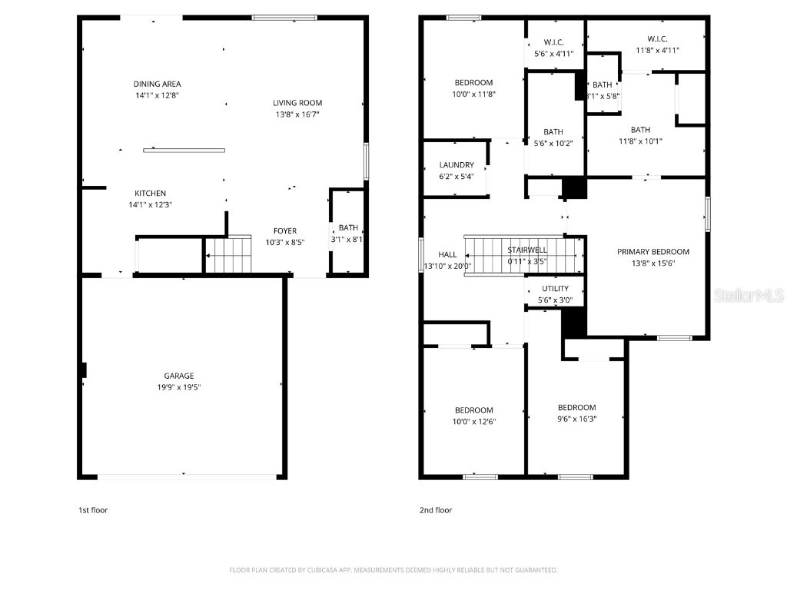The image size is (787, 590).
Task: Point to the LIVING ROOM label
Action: pyautogui.click(x=297, y=103)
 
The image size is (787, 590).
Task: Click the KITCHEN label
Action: pyautogui.click(x=150, y=194)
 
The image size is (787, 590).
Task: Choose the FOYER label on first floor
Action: pyautogui.click(x=285, y=231)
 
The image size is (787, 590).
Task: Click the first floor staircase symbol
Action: pyautogui.click(x=228, y=254)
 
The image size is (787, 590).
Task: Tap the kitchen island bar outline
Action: pyautogui.click(x=184, y=150)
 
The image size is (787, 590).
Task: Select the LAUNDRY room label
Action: pyautogui.click(x=457, y=165)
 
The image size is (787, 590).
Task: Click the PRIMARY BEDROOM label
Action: pyautogui.click(x=653, y=252)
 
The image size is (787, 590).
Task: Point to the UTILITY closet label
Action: pyautogui.click(x=555, y=289)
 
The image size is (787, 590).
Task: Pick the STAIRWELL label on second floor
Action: pyautogui.click(x=526, y=250)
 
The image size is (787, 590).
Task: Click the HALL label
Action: pyautogui.click(x=447, y=255)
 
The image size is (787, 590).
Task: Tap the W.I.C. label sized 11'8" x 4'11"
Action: pyautogui.click(x=657, y=39)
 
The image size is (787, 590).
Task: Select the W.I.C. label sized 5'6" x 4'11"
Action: pyautogui.click(x=554, y=42)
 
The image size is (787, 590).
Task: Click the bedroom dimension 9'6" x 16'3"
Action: pyautogui.click(x=576, y=419)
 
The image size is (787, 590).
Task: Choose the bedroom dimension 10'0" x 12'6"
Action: pyautogui.click(x=473, y=421)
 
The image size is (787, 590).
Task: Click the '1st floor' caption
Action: pyautogui.click(x=93, y=510)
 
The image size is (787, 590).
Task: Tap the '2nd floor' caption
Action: pyautogui.click(x=436, y=510)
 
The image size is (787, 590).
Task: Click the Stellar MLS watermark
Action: pyautogui.click(x=748, y=295)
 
